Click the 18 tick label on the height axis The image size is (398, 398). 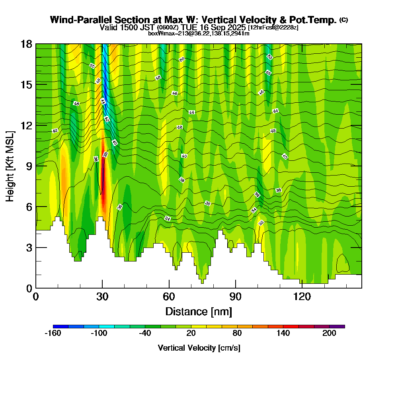tap(27, 44)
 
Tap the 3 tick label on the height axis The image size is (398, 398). tap(29, 248)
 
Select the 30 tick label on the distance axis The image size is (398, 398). tap(102, 297)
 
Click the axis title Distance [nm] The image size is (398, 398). tap(199, 311)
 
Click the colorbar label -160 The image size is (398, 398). tap(53, 334)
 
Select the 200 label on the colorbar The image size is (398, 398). tap(330, 334)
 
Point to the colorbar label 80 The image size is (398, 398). tap(237, 334)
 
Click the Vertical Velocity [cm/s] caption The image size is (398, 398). tap(199, 348)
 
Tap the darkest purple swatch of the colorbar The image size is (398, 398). tap(337, 326)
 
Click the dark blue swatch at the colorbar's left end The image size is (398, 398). tap(60, 326)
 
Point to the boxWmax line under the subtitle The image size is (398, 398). tap(199, 33)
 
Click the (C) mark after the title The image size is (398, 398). tap(344, 20)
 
